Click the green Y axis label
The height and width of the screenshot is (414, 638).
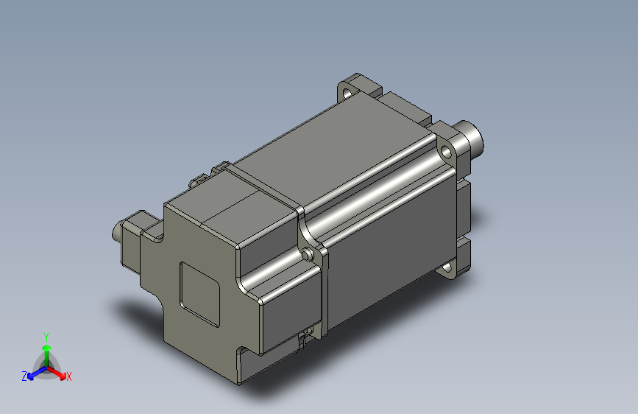tap(46, 336)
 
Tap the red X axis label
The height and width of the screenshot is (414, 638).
tap(69, 377)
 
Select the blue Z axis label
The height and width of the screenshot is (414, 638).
tap(24, 376)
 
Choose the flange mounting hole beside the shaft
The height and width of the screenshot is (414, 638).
tap(446, 153)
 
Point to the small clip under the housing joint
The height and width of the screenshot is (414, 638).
tap(302, 340)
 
